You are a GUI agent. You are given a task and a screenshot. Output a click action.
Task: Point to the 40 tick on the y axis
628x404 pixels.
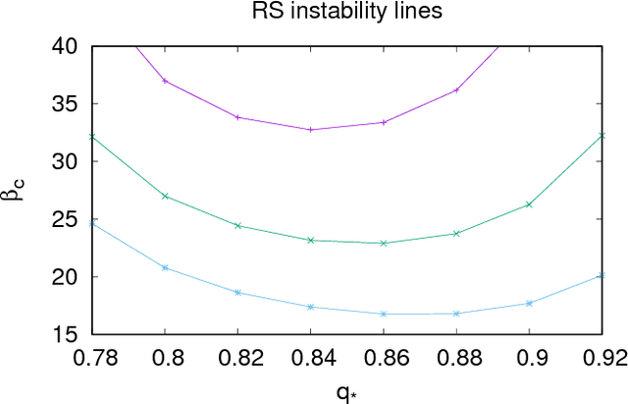coord(66,46)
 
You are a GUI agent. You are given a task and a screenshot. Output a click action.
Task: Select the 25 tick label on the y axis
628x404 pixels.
coord(66,219)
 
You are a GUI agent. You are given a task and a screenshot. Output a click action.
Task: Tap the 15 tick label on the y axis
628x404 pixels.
coord(66,335)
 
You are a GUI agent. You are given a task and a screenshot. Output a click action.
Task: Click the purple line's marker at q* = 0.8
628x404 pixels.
coord(165,81)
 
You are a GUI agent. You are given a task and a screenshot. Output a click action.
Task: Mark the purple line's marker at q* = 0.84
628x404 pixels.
coord(311,130)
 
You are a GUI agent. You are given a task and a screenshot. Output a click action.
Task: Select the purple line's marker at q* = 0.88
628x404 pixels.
coord(456,90)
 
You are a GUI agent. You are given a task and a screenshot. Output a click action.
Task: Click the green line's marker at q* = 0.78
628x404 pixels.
coord(92,137)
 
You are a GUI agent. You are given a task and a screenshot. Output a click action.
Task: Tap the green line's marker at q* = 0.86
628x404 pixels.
coord(384,243)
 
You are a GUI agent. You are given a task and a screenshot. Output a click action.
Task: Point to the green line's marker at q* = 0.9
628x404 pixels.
coord(529,204)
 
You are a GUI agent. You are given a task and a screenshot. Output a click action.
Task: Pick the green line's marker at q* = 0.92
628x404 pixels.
coord(602,135)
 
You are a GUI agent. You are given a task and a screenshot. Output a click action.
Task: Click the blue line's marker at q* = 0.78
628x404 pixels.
coord(92,223)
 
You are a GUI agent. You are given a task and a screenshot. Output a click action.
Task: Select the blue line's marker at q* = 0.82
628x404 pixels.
coord(237,293)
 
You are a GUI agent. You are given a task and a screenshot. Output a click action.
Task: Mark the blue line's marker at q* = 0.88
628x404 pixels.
coord(456,314)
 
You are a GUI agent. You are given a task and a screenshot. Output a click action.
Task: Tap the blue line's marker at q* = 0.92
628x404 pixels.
coord(602,275)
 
